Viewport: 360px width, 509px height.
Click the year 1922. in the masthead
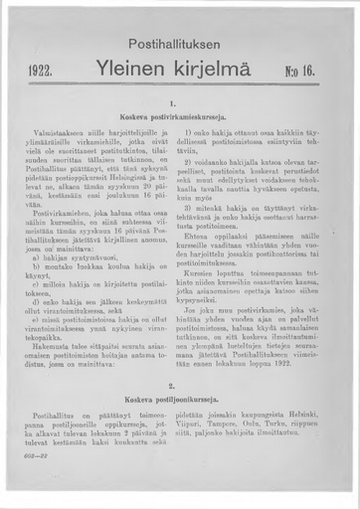tap(42, 72)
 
